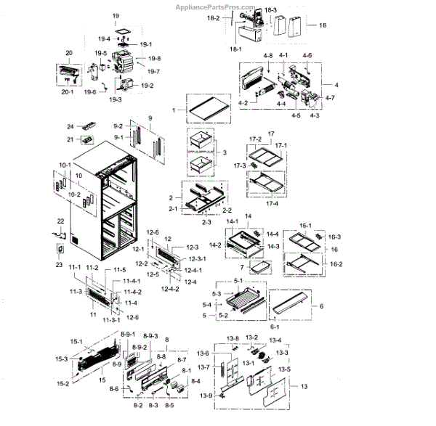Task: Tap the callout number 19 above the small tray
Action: pyautogui.click(x=115, y=15)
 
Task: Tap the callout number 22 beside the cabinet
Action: pyautogui.click(x=60, y=221)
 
